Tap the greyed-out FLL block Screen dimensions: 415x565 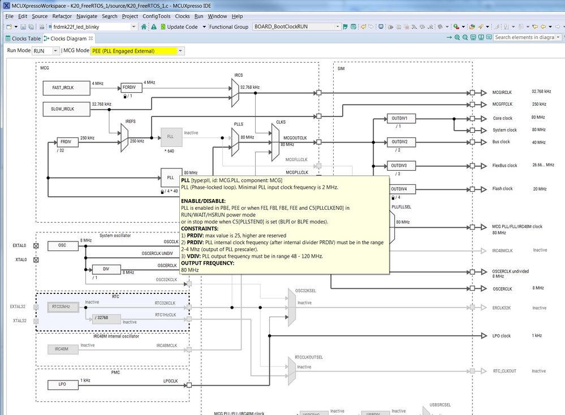coord(171,137)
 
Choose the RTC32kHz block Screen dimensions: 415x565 coord(61,307)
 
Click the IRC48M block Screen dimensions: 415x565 coord(61,349)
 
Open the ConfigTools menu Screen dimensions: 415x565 coord(156,16)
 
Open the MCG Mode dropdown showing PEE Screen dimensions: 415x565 coord(138,51)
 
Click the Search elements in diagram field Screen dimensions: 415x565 coord(524,37)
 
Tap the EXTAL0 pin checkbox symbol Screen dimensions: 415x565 coord(36,246)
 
